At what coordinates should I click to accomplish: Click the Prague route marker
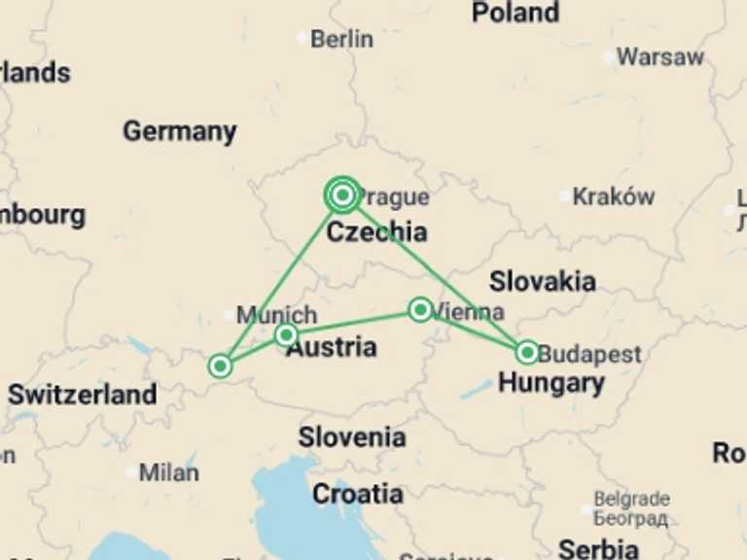tap(341, 195)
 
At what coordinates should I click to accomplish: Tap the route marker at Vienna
tap(420, 310)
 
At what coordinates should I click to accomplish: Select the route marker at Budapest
tap(526, 352)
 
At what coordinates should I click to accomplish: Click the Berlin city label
tap(341, 39)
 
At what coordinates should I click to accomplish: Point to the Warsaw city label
tap(659, 56)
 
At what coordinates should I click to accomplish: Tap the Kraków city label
tap(613, 196)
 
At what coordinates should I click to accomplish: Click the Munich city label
tap(276, 315)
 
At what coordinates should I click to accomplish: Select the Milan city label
tap(168, 472)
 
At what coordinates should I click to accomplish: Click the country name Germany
tap(179, 131)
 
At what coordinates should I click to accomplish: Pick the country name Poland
tap(516, 13)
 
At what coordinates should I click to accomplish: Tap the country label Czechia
tap(375, 232)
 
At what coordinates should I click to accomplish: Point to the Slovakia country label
tap(542, 282)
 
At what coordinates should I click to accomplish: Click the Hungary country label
tap(551, 383)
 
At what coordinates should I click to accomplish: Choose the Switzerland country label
tap(82, 395)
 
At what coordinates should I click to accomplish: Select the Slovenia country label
tap(352, 437)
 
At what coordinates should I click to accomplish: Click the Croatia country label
tap(357, 494)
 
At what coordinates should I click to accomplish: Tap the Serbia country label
tap(597, 547)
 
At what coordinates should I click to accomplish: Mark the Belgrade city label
tap(631, 500)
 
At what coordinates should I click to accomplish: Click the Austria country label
tap(331, 347)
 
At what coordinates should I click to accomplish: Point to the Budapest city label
tap(589, 354)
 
